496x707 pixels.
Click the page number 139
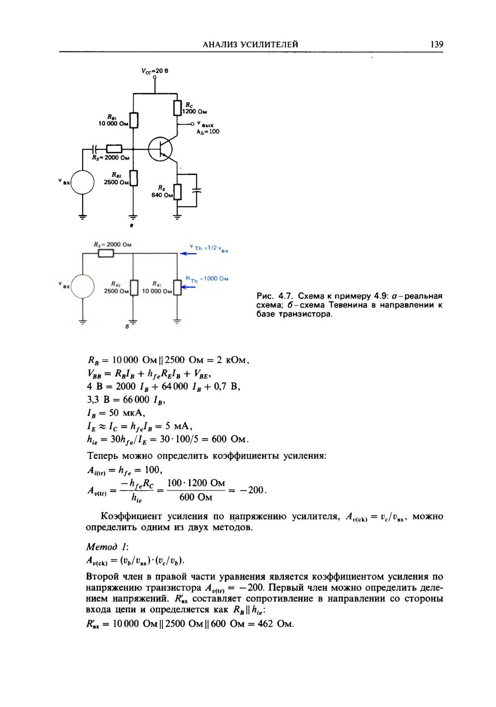point(436,44)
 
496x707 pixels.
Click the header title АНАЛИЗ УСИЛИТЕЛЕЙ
point(250,45)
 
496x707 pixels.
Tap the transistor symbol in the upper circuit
point(161,149)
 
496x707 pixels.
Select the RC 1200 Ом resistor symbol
point(177,108)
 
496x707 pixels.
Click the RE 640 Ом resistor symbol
point(177,192)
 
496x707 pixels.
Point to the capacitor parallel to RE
point(197,190)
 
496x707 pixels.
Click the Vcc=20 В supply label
point(155,71)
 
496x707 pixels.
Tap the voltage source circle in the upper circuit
point(82,182)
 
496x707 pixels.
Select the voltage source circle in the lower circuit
point(82,286)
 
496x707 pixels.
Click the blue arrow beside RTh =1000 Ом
point(188,287)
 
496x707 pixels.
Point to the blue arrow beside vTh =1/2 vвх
point(188,253)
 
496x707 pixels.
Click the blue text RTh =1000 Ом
point(207,279)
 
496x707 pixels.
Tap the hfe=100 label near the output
point(208,131)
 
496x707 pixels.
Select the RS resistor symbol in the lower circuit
point(106,253)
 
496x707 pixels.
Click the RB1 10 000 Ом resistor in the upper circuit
point(134,120)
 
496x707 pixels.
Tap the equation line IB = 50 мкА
point(116,413)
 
